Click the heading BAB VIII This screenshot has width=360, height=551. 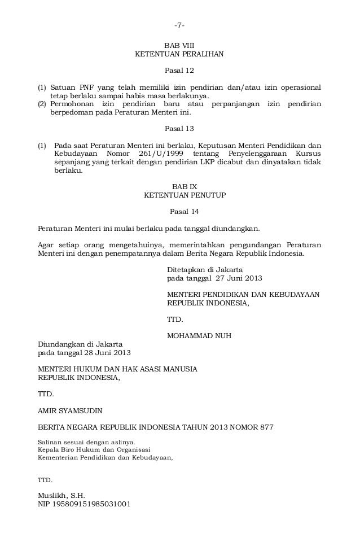179,45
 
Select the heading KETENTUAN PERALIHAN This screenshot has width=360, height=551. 179,54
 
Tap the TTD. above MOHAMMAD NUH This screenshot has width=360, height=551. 175,319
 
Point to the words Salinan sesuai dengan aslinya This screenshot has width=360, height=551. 86,443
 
